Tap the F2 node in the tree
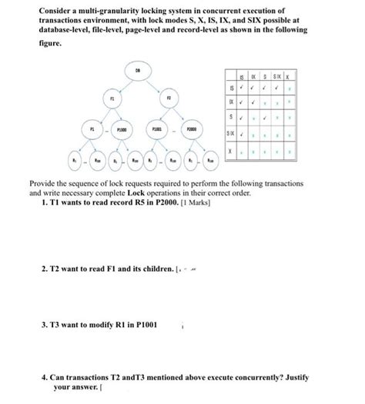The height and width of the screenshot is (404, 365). point(169,100)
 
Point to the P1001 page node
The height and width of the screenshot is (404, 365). point(157,131)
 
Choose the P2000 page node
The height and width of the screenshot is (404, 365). point(192,131)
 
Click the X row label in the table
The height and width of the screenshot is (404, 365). point(229,151)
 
